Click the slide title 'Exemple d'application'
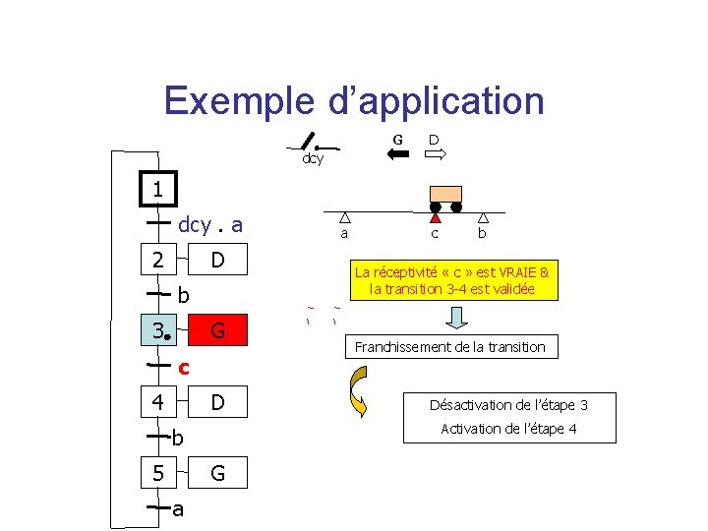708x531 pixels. click(354, 100)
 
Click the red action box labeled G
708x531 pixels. click(218, 331)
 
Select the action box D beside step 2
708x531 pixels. click(218, 260)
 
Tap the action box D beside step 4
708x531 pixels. click(218, 402)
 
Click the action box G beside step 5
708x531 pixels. click(218, 473)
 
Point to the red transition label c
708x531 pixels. click(183, 367)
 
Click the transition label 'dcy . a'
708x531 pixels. click(209, 225)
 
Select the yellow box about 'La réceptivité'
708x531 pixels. click(452, 280)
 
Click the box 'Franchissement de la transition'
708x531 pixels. click(449, 346)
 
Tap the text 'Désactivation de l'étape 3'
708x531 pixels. click(508, 405)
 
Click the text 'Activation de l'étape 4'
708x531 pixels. click(508, 429)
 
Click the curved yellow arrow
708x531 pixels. click(355, 391)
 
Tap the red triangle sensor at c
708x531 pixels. click(435, 217)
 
